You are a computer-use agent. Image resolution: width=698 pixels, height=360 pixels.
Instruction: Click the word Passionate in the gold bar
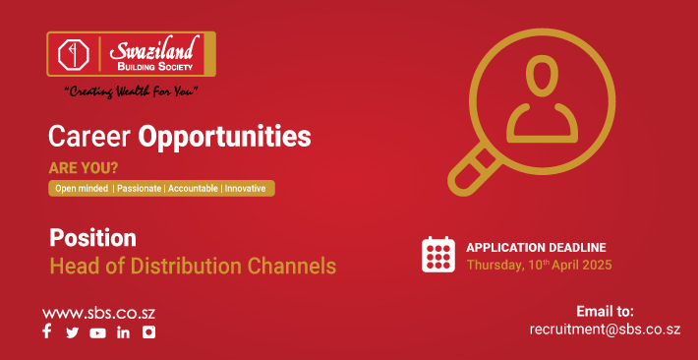click(x=139, y=188)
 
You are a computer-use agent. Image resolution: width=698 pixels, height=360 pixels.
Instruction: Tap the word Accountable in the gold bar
click(x=192, y=188)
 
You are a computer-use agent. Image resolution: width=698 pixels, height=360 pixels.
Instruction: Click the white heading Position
click(x=92, y=238)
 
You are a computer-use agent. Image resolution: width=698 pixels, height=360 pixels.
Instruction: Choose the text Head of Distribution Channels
click(x=193, y=266)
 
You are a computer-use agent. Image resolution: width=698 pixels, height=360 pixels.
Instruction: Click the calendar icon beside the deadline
click(x=437, y=255)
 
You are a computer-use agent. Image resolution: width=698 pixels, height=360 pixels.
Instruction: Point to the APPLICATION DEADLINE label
click(x=536, y=247)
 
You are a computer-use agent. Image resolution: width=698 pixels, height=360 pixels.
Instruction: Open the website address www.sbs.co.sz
click(x=98, y=313)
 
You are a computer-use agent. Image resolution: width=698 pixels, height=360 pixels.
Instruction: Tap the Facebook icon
click(x=47, y=332)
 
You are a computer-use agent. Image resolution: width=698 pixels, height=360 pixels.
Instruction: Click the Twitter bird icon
click(x=72, y=332)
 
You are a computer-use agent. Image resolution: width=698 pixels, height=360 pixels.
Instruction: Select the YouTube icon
click(x=97, y=332)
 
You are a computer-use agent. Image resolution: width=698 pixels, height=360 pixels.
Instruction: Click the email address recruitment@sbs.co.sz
click(x=605, y=329)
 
